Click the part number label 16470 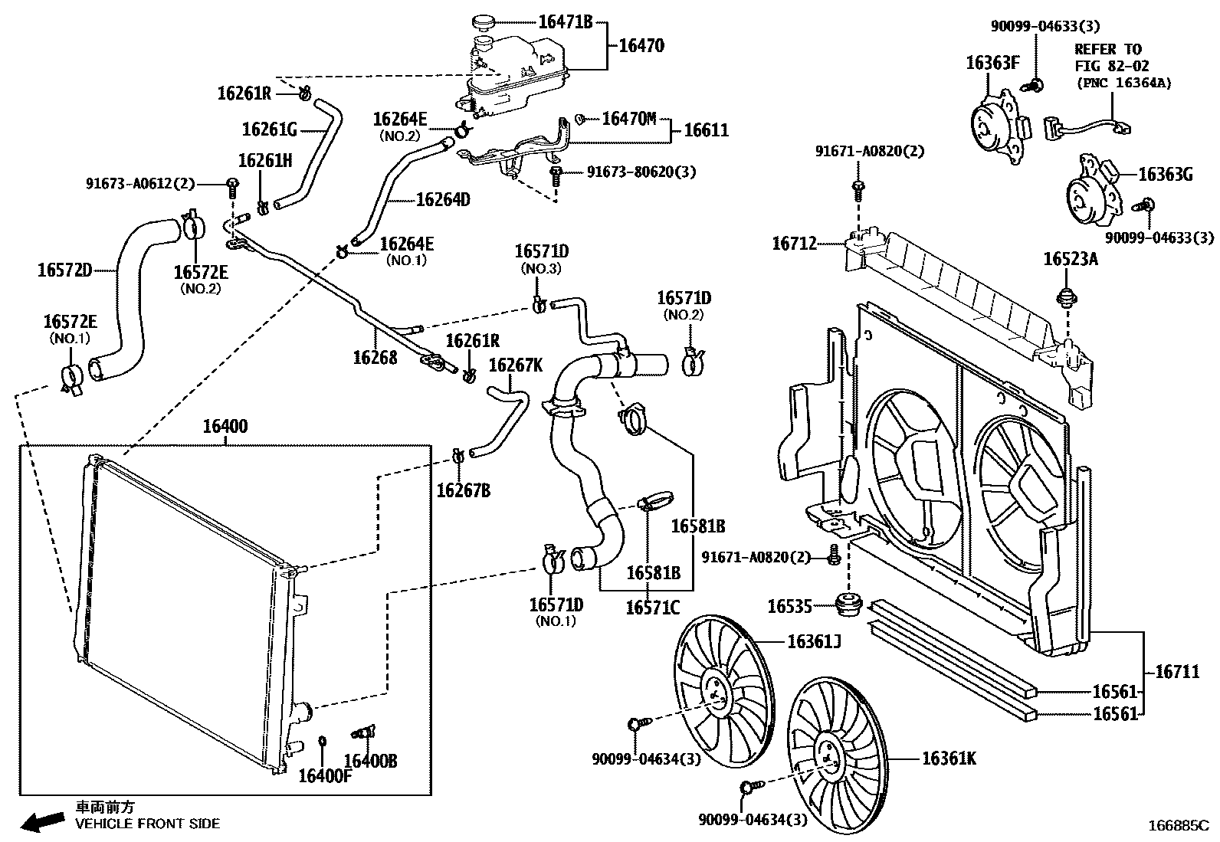pos(641,46)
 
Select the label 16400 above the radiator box pos(225,426)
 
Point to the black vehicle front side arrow pos(42,821)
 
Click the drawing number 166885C pos(1179,826)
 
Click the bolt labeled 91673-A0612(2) pos(232,188)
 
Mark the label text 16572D pos(65,270)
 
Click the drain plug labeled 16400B pos(363,732)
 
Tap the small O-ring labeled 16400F pos(322,741)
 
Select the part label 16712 pos(795,244)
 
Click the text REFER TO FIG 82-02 pos(1111,57)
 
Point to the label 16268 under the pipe pos(376,358)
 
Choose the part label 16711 pos(1177,672)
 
